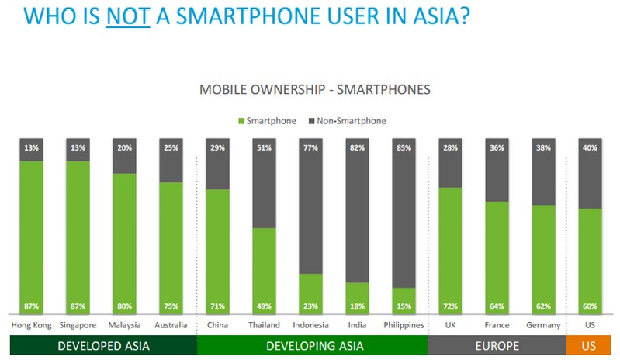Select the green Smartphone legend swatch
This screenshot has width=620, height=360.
click(241, 121)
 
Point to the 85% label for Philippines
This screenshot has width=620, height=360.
click(404, 147)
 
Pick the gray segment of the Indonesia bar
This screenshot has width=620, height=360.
click(310, 206)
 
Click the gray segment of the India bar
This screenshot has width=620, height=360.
click(358, 209)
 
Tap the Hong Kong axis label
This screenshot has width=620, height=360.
click(31, 325)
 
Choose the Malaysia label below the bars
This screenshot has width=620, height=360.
click(124, 325)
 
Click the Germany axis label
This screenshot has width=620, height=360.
click(543, 325)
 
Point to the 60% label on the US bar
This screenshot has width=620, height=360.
click(591, 306)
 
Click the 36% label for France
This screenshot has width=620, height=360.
click(497, 147)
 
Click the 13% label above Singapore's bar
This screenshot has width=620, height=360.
click(78, 147)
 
